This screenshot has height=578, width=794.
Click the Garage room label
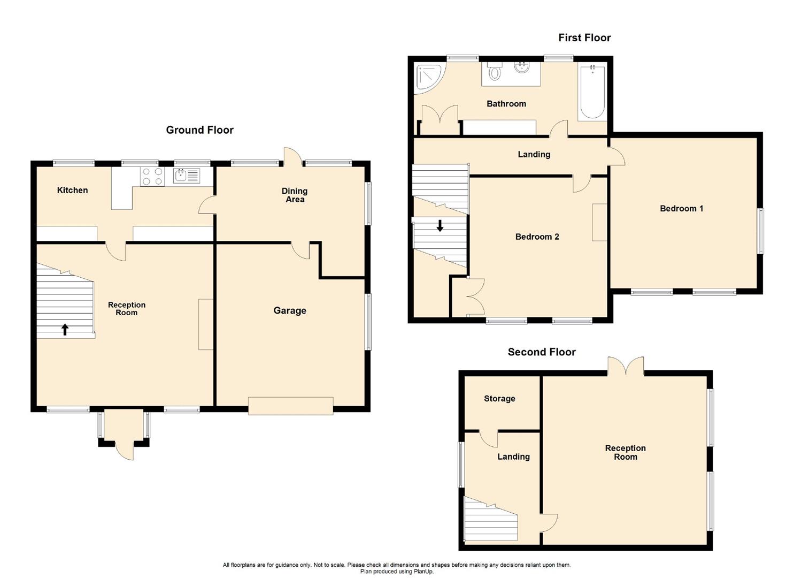pos(290,310)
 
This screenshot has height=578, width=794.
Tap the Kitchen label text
pos(72,190)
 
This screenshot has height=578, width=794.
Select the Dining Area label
pos(295,195)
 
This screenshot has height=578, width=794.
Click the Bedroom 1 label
pos(681,208)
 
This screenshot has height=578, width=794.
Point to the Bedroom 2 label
pos(537,237)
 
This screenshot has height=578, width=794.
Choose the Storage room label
pos(499,398)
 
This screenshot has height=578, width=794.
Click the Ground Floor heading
pos(199,130)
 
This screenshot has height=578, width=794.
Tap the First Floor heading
pos(584,37)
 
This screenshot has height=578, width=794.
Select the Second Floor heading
pos(542,352)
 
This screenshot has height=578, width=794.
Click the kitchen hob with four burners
pos(152,176)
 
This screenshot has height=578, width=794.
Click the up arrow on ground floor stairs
pos(65,329)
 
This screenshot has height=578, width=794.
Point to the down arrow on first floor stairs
pos(440,226)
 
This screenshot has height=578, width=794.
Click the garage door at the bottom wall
pos(291,406)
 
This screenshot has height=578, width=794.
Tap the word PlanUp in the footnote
pos(422,572)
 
